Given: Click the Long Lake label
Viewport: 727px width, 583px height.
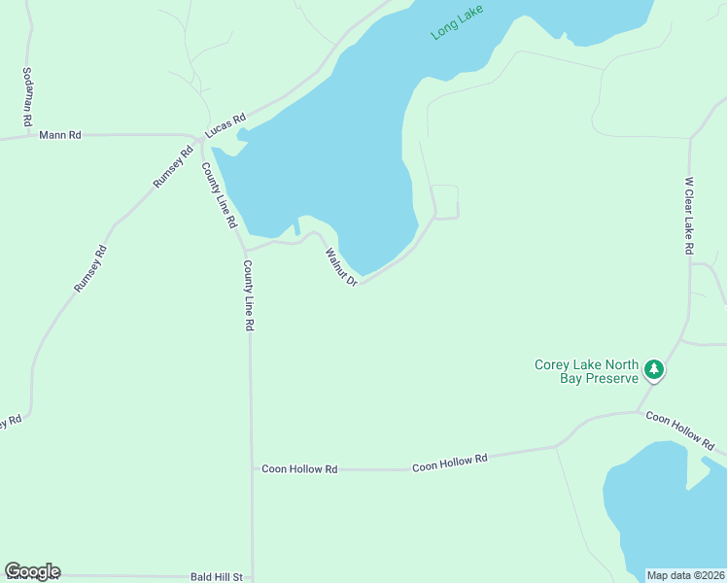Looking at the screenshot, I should (457, 21).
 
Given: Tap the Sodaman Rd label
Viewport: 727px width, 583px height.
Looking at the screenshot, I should (27, 97).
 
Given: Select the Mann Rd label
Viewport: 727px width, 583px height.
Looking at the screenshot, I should (58, 135).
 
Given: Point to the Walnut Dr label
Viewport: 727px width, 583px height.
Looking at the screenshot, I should (342, 266).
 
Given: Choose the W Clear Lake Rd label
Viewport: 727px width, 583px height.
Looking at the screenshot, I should (688, 216).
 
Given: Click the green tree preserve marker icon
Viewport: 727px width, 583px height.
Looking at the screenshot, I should (654, 369).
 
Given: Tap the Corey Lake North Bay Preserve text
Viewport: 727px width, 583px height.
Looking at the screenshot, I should (586, 371).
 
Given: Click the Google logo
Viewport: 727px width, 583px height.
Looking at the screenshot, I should (32, 571).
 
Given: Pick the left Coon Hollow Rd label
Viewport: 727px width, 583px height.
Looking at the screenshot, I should (299, 468).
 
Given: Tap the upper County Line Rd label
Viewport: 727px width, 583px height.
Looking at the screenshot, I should (219, 194).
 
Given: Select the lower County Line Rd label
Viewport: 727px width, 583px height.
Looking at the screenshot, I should (249, 296).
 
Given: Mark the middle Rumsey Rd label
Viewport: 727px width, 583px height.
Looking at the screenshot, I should (89, 269).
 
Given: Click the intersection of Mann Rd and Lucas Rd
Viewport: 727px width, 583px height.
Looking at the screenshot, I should (198, 138).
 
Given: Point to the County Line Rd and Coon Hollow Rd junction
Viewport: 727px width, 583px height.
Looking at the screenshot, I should (252, 468).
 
